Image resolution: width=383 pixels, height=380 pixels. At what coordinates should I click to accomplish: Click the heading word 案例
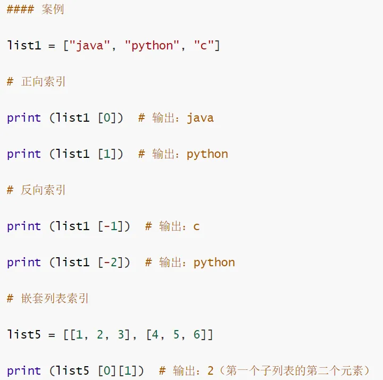(53, 10)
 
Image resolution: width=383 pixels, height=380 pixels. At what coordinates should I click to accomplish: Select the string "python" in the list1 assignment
(152, 46)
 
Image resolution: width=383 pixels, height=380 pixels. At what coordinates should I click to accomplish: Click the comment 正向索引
(43, 82)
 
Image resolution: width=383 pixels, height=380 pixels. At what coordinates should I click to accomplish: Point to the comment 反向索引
(43, 190)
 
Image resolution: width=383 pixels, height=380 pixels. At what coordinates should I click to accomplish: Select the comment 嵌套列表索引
(55, 299)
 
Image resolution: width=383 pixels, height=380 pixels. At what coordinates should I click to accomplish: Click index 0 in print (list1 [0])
(106, 118)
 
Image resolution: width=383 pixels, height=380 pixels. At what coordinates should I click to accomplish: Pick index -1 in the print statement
(110, 226)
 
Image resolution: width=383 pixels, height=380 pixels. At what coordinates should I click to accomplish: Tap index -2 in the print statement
(110, 263)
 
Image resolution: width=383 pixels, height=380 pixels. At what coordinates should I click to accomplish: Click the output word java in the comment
(200, 118)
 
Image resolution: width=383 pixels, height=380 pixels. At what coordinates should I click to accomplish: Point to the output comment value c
(196, 227)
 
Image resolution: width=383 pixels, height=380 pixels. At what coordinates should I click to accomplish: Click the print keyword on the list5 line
(24, 371)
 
